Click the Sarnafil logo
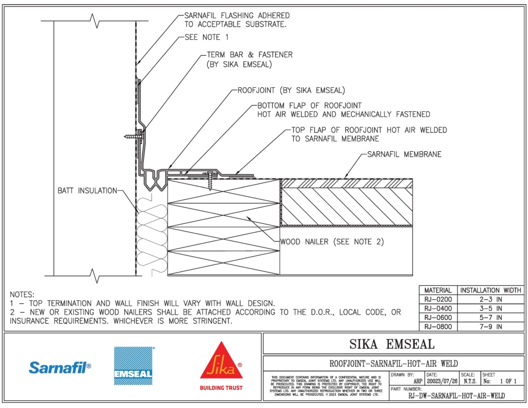pos(60,367)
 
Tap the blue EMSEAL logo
pos(134,366)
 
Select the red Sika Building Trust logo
pos(221,366)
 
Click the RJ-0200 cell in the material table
pos(437,299)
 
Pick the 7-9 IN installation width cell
pos(490,327)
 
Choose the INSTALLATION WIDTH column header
pos(490,290)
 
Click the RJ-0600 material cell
pos(437,317)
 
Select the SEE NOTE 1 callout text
pos(206,37)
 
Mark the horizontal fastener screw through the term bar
pos(133,137)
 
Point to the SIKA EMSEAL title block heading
pos(392,344)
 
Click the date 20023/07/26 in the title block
pos(441,382)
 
